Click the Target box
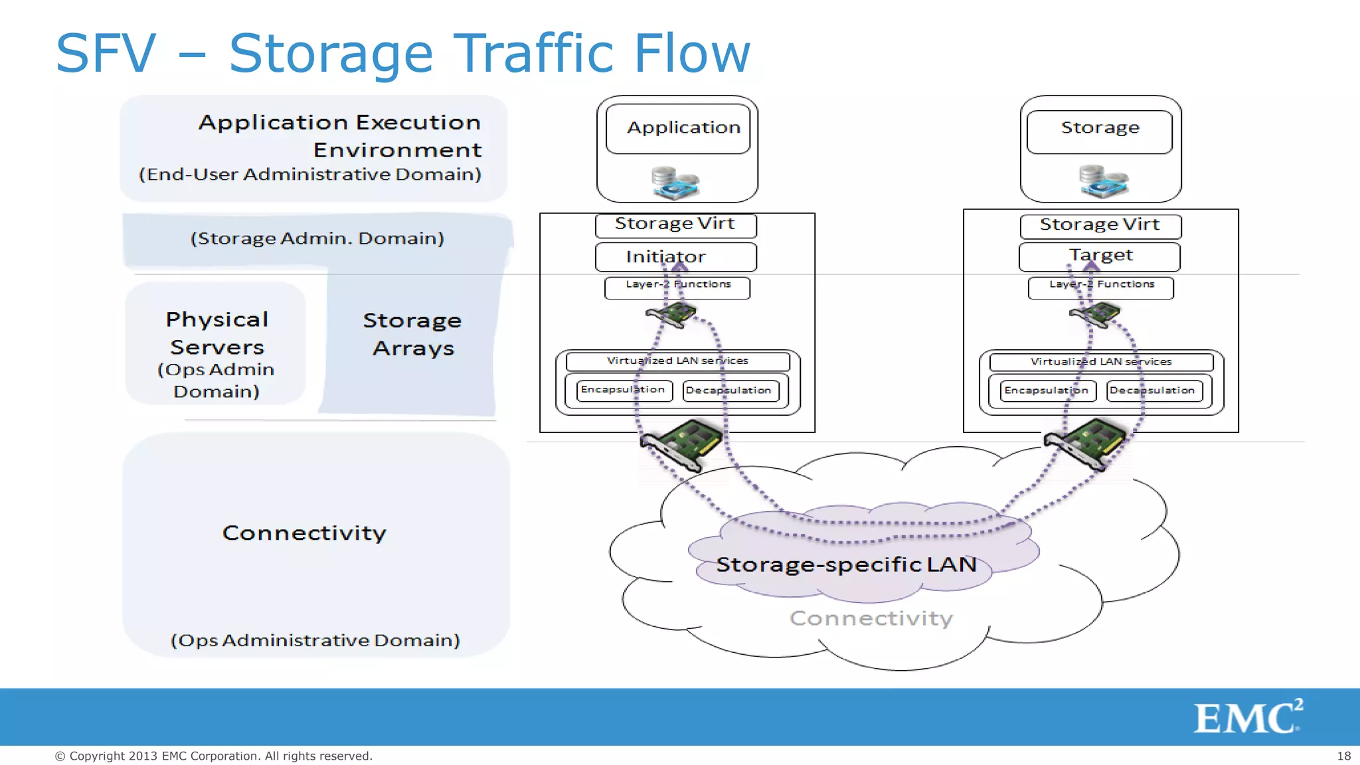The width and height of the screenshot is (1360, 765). coord(1100,256)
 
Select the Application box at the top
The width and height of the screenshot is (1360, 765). coord(678,128)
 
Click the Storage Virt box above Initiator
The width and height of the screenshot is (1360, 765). coord(675,224)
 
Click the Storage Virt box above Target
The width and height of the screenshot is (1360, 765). coord(1100,225)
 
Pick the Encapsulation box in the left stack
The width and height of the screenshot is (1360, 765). coord(622,390)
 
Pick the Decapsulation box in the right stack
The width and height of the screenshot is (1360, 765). coord(1151,390)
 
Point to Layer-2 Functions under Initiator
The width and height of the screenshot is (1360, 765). coord(677,286)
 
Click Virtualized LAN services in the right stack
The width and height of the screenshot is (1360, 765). coord(1101,362)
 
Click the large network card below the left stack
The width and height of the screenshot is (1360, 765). coord(681,444)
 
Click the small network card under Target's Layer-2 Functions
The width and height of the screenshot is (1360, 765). coord(1095,314)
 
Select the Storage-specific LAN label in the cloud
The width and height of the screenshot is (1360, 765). coord(846,564)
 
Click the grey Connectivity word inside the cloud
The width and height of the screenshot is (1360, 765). coord(871,618)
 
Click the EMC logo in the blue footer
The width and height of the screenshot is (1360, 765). coord(1247,717)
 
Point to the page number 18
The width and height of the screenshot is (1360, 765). coord(1343,756)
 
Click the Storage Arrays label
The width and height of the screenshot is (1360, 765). coord(412,334)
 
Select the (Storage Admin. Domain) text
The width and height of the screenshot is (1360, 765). coord(317,238)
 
